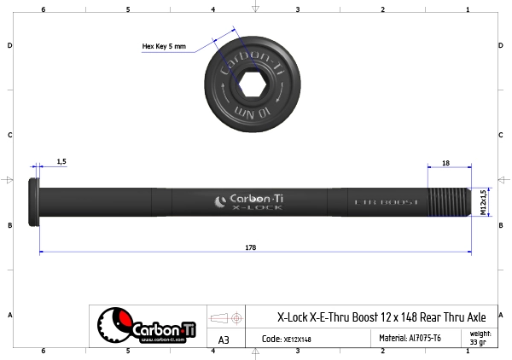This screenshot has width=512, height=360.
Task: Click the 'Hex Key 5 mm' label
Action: pyautogui.click(x=163, y=46)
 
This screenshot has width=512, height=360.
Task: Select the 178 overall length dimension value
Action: pyautogui.click(x=250, y=247)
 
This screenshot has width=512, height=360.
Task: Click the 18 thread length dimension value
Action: pyautogui.click(x=445, y=161)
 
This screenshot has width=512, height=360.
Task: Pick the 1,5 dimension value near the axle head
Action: pyautogui.click(x=61, y=161)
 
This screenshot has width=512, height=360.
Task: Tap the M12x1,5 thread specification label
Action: pyautogui.click(x=484, y=203)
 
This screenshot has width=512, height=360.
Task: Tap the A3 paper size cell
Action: pyautogui.click(x=224, y=340)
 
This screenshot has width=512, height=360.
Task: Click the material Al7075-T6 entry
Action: pyautogui.click(x=410, y=339)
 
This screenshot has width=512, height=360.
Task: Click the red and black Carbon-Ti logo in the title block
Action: pyautogui.click(x=140, y=326)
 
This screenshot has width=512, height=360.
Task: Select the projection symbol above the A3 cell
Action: pyautogui.click(x=224, y=317)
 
